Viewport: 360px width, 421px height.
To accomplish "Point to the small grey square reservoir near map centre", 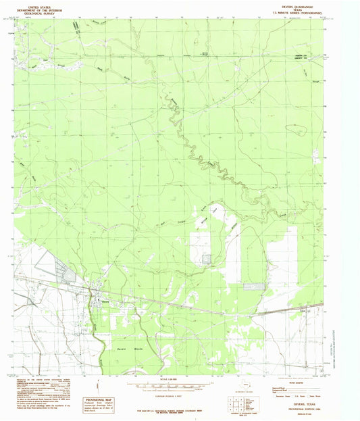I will click(205, 258).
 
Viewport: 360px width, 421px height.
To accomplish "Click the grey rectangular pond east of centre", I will click(254, 286).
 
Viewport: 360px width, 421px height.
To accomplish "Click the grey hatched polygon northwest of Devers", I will click(69, 274).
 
